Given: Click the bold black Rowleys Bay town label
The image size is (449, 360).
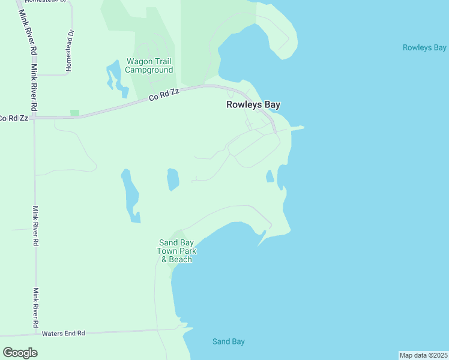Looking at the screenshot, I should [253, 104].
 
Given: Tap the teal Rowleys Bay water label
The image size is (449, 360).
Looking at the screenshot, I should [424, 47].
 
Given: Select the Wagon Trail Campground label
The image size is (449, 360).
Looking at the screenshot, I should [149, 65].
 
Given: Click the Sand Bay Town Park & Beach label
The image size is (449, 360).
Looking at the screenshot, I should [175, 251].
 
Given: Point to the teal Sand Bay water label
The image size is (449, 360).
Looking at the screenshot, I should [229, 341].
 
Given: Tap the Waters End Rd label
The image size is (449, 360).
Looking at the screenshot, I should [63, 333].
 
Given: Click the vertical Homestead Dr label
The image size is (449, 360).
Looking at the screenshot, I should [70, 51].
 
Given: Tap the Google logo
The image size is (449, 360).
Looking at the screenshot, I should [20, 352].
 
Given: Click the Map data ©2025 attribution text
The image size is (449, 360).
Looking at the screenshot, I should [423, 355].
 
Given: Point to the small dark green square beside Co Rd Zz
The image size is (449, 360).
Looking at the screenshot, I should [74, 113].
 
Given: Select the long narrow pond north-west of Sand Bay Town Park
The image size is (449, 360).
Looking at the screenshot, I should [130, 195].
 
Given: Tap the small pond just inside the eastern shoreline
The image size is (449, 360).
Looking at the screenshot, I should [270, 176].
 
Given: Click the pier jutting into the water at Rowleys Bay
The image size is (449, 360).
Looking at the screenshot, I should [297, 127].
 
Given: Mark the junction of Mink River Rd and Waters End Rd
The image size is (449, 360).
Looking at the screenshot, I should [35, 334].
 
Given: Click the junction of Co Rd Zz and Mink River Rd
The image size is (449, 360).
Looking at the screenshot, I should [33, 118].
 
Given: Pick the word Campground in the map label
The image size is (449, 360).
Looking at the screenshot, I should [149, 70].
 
